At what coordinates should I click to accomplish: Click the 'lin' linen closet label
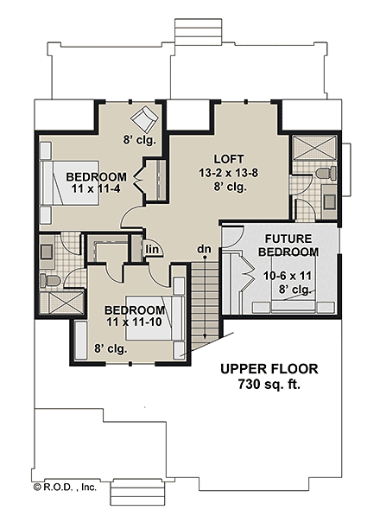coord(152,250)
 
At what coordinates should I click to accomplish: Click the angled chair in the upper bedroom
coord(142,118)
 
